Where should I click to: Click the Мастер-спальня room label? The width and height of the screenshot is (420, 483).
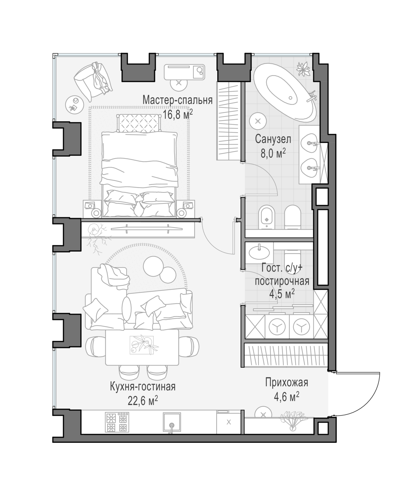click(x=177, y=100)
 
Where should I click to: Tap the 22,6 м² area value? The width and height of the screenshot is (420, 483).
click(x=143, y=401)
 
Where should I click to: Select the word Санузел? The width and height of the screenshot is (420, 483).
click(x=273, y=139)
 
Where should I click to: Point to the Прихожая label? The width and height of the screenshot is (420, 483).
click(x=286, y=382)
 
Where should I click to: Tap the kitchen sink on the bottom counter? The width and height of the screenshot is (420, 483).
click(x=172, y=422)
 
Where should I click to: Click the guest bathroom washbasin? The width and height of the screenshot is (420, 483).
click(x=259, y=252)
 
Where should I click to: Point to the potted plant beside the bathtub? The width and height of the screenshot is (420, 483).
click(x=303, y=69)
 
